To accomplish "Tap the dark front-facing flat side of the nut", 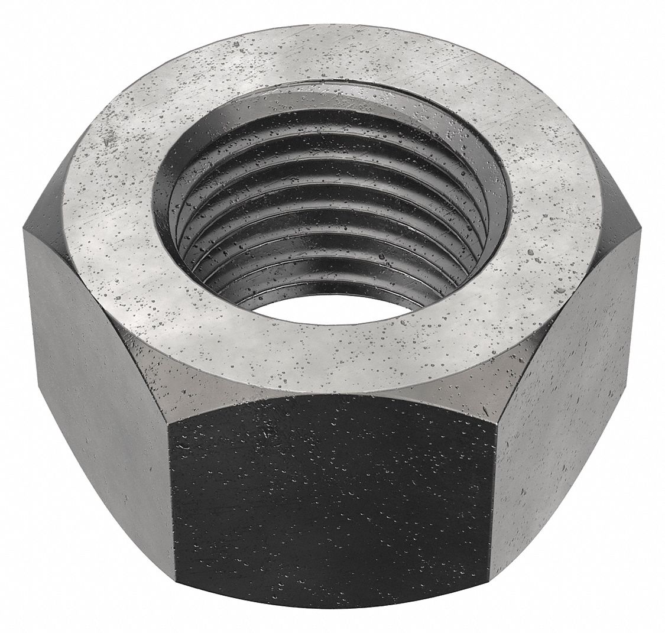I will tap(331, 496).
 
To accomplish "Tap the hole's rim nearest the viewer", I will tap(331, 328).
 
